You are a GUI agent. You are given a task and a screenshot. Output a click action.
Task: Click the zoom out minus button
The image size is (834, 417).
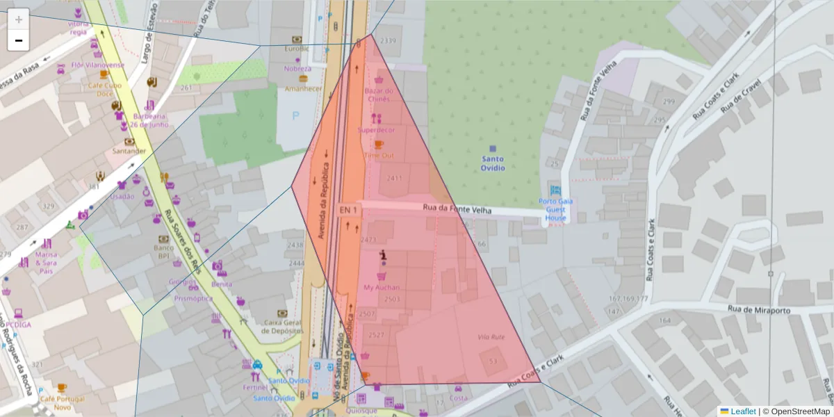click(x=19, y=40)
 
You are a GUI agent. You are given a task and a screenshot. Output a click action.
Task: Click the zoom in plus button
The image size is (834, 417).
click(x=19, y=19)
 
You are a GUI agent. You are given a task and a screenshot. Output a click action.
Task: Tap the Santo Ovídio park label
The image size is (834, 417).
click(x=493, y=163)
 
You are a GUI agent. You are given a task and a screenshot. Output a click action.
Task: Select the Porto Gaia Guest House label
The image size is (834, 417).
click(x=555, y=209)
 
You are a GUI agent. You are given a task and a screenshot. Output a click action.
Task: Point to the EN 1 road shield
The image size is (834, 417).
click(x=347, y=210)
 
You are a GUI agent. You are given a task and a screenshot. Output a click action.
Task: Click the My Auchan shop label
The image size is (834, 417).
click(x=382, y=287)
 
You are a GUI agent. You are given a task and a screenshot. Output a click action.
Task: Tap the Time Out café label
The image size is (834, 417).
click(x=379, y=155)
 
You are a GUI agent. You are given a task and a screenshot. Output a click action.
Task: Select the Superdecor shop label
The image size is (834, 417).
click(x=376, y=130)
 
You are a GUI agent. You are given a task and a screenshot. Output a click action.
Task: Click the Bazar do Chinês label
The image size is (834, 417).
click(x=379, y=95)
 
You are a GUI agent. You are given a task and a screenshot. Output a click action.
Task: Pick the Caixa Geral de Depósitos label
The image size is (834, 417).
click(x=281, y=327)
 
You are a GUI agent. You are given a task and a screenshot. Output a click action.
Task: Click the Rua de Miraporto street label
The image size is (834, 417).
click(x=758, y=311)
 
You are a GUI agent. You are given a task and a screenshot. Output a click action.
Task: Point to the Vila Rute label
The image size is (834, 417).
click(x=491, y=337)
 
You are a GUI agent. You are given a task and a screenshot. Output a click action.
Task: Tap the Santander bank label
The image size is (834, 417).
click(x=129, y=151)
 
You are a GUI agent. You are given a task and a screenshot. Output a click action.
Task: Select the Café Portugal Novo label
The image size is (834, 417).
click(x=62, y=402)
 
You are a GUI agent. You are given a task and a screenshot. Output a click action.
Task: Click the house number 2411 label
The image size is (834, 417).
click(x=394, y=179)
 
